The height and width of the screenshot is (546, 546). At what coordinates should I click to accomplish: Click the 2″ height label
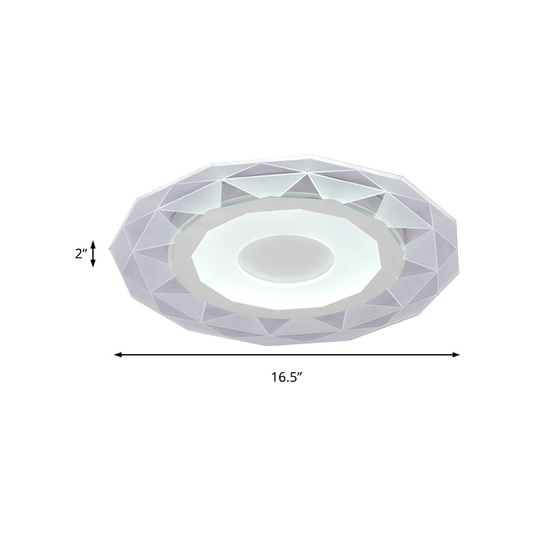pyautogui.click(x=81, y=254)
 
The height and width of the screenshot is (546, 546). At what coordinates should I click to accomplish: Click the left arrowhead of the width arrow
pyautogui.click(x=117, y=355)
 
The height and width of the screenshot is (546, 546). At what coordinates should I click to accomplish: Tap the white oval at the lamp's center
pyautogui.click(x=281, y=259)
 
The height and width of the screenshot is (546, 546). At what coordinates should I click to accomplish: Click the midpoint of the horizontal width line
pyautogui.click(x=287, y=355)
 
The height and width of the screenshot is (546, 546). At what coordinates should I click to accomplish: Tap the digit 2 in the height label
pyautogui.click(x=78, y=254)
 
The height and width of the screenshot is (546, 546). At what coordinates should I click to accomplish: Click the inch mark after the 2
pyautogui.click(x=86, y=251)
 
